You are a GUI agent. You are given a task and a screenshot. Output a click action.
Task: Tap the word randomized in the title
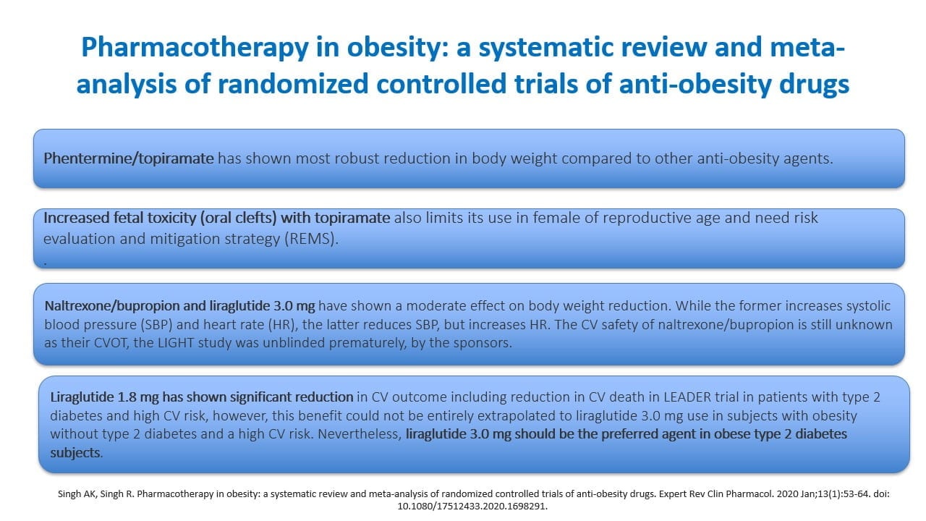click(293, 83)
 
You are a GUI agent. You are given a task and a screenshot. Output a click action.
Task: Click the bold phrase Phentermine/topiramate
click(129, 158)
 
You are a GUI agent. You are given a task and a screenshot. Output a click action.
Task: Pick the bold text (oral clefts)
click(239, 218)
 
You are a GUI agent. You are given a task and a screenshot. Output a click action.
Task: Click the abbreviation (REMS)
click(311, 239)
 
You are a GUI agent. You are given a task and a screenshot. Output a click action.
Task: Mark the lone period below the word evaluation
click(45, 263)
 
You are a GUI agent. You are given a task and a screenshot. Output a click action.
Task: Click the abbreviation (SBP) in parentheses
click(156, 325)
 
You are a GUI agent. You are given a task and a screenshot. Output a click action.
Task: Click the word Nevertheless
click(360, 434)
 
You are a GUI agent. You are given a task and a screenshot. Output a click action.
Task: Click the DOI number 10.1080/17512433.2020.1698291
click(472, 506)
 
